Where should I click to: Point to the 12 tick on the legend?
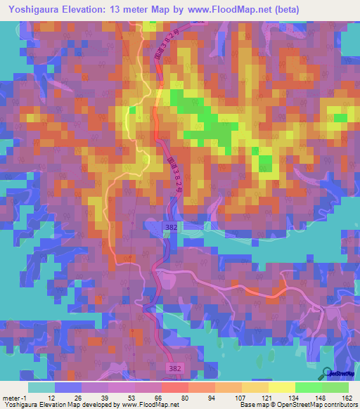(x=51, y=398)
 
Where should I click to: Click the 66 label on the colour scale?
(x=159, y=398)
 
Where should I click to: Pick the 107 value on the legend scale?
(x=240, y=398)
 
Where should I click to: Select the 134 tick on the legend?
(x=295, y=398)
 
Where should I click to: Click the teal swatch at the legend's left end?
(x=41, y=387)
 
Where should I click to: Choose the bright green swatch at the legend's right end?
(x=336, y=387)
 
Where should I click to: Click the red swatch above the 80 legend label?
(x=175, y=387)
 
